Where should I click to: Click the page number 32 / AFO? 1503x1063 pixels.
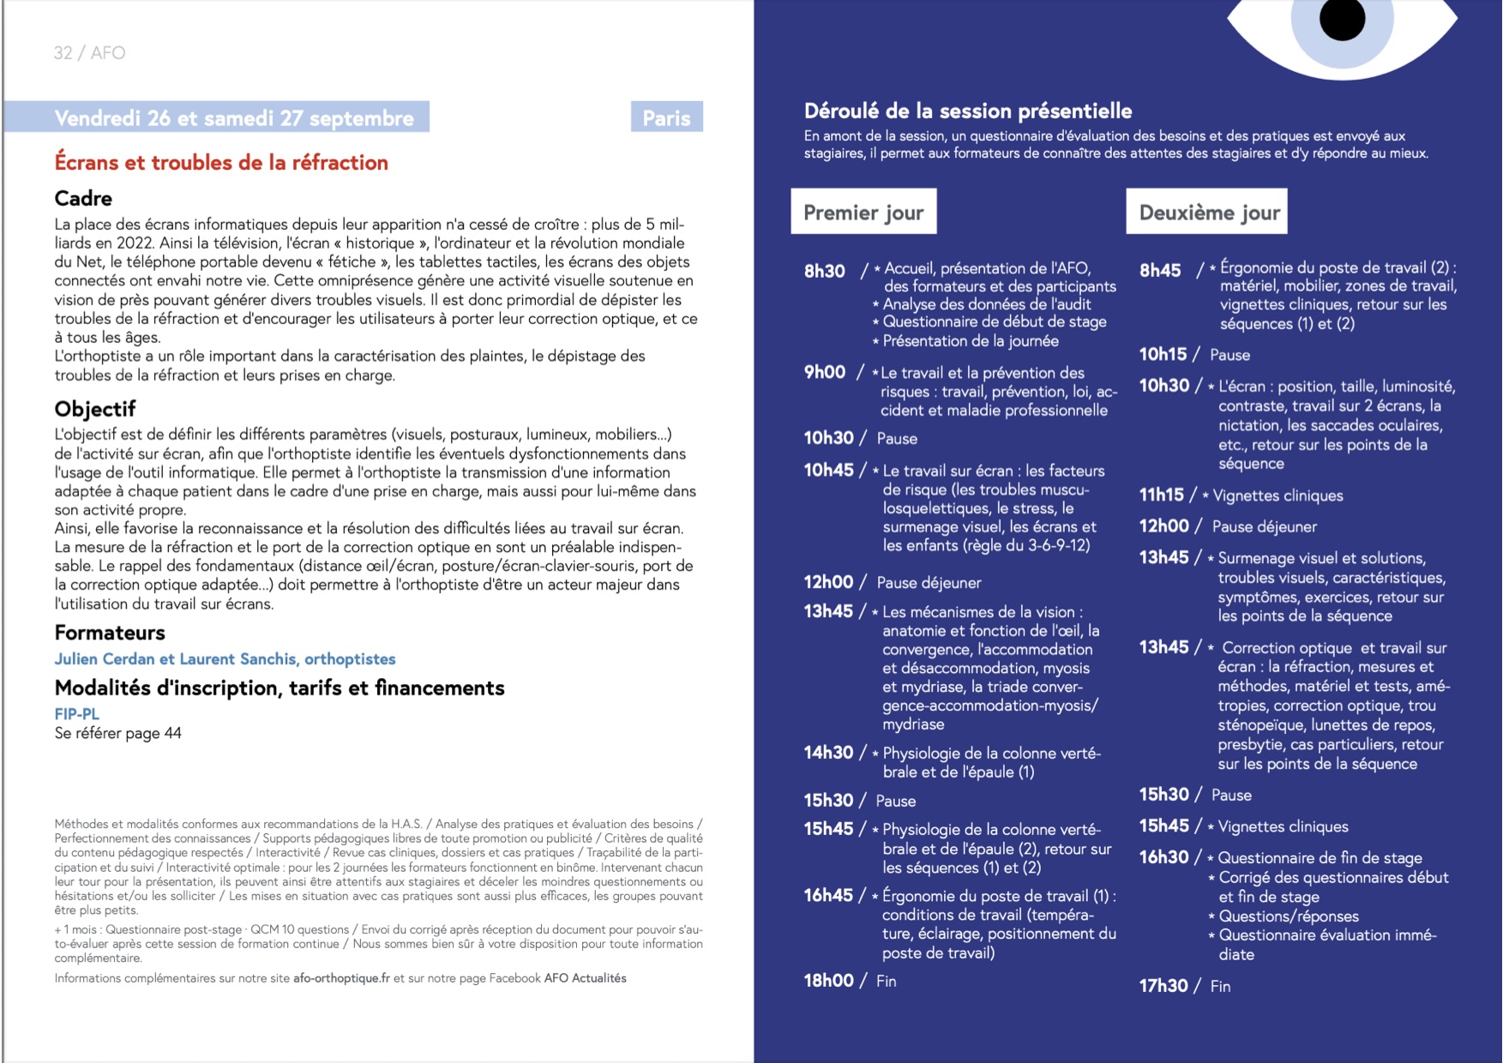89,53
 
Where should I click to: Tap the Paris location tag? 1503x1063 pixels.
666,118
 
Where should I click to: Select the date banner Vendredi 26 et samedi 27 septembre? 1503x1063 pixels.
233,118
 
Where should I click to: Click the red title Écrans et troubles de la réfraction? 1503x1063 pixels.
221,163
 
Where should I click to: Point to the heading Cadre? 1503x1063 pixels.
83,199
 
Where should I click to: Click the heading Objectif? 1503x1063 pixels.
95,409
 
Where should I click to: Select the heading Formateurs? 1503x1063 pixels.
110,633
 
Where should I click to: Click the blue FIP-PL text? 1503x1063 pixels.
77,713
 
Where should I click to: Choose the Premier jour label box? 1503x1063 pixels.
863,212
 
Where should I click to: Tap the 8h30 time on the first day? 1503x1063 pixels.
825,271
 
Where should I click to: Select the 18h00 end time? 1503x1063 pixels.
828,981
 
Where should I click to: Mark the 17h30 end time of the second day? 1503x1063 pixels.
1163,986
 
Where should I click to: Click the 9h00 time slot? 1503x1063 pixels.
825,372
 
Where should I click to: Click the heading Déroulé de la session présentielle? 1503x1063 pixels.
968,111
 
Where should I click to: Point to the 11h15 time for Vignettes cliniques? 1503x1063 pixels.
1162,495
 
